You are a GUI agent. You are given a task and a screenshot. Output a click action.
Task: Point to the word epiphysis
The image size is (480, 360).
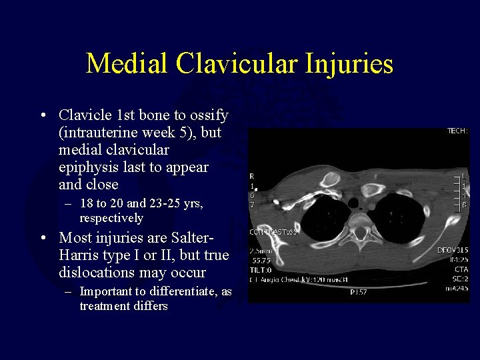coord(90,167)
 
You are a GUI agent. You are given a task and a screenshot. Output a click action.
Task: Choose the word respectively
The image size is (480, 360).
coord(111,218)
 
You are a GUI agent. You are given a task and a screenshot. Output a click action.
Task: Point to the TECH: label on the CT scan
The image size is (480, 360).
coord(457,132)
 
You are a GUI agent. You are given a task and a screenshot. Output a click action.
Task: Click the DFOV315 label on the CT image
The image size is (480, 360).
coord(453,250)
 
